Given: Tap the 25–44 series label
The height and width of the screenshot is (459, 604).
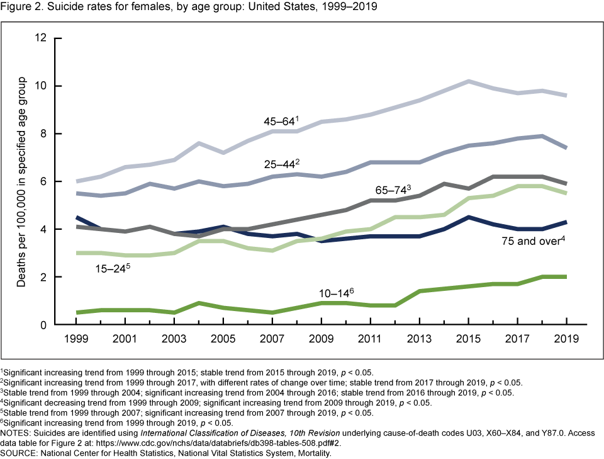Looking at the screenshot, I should (279, 165).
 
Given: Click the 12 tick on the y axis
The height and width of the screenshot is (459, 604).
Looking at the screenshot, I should (41, 38).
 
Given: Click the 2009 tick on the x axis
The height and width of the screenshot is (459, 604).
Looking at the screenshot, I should (322, 339).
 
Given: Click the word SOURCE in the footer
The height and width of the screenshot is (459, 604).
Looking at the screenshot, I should (19, 452).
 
